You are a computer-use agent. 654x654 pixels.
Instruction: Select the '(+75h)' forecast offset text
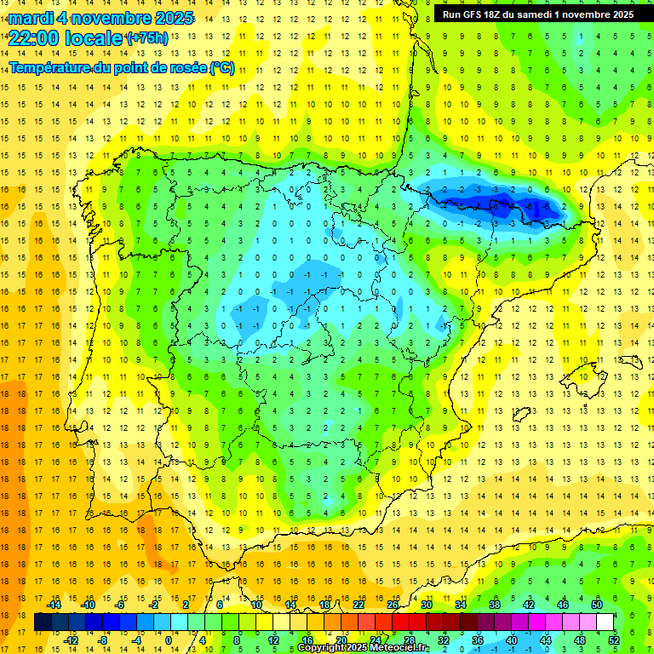(x=147, y=37)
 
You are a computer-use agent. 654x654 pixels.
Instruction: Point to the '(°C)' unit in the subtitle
(x=222, y=67)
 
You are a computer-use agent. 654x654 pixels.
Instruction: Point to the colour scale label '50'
(x=596, y=605)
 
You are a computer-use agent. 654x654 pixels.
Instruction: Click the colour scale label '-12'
(x=71, y=640)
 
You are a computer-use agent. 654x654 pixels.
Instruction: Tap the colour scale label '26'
(x=393, y=605)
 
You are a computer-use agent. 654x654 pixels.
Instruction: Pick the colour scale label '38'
(x=494, y=605)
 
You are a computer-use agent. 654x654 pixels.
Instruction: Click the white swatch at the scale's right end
(x=605, y=622)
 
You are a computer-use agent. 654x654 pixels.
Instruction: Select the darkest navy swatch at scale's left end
(x=43, y=622)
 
